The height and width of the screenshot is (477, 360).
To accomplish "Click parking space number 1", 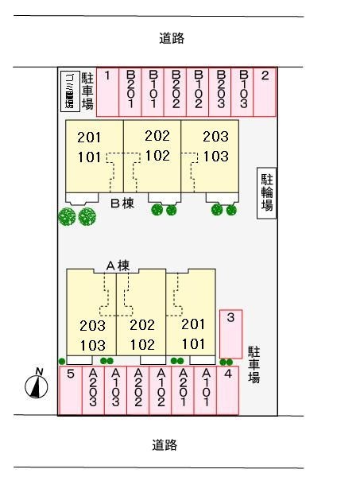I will click(x=107, y=91).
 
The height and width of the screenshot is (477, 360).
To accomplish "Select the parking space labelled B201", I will click(x=130, y=91).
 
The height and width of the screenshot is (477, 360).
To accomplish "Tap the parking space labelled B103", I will click(x=243, y=91).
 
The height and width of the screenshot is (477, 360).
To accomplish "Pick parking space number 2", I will click(x=265, y=91).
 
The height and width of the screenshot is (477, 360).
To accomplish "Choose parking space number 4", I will click(x=228, y=390).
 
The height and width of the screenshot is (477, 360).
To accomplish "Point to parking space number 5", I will click(x=71, y=390).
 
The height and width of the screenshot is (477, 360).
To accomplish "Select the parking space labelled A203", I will click(x=93, y=390).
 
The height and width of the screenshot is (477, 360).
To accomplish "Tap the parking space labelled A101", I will click(x=206, y=390).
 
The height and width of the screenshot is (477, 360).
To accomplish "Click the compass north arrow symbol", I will click(x=35, y=385).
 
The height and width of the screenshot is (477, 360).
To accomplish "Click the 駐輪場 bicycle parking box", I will click(x=267, y=193).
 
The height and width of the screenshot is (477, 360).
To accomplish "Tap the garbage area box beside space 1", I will click(x=69, y=91).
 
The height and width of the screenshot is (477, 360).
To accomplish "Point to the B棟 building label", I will click(x=122, y=204).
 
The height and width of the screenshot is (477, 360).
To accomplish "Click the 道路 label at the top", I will click(x=171, y=37).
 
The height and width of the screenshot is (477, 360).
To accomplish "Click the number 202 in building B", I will click(x=157, y=136).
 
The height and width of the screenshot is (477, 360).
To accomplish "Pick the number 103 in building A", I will click(x=93, y=344).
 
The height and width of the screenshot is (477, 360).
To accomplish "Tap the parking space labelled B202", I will click(x=176, y=91).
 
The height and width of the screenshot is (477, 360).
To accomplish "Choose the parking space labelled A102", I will click(x=161, y=390).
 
